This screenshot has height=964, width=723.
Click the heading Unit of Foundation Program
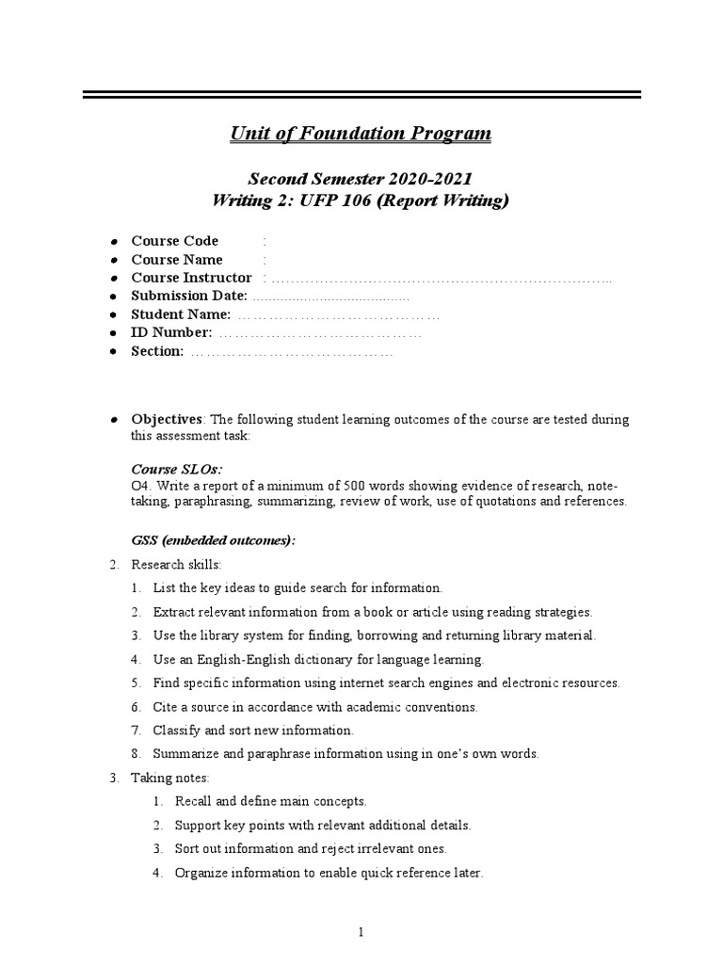[361, 134]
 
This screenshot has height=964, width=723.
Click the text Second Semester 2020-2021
[360, 178]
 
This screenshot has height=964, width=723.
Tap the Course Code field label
[174, 241]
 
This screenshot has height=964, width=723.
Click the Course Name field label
[176, 260]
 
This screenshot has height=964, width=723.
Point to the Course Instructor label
[191, 278]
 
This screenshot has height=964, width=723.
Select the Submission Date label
[189, 296]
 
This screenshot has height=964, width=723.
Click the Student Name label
[181, 314]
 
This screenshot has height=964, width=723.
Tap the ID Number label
[171, 332]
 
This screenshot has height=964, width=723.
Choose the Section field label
[157, 351]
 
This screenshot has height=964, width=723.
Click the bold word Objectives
[167, 419]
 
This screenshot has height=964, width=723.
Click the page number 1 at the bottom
[361, 932]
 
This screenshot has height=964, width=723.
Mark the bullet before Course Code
[112, 242]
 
